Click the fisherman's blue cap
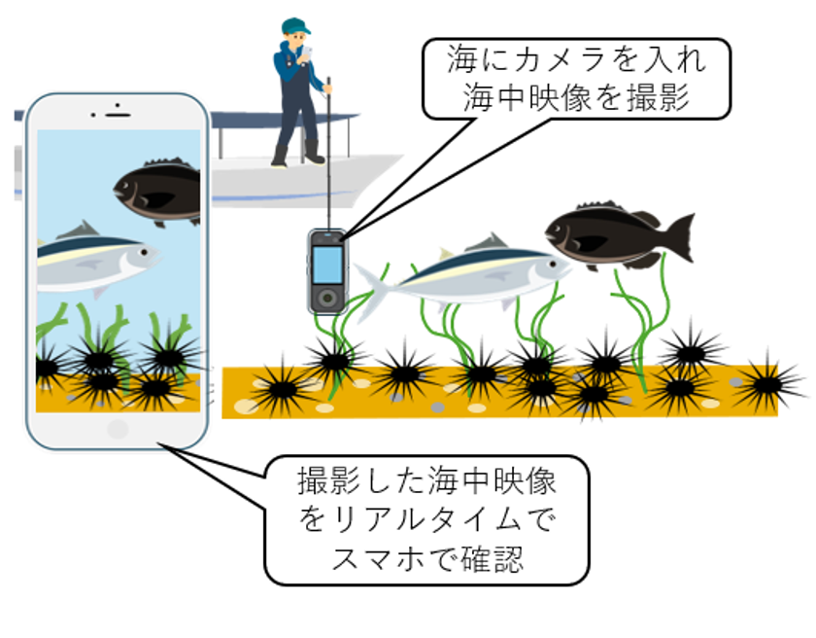pos(294,24)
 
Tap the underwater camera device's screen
pos(327,264)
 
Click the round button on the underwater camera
pos(327,295)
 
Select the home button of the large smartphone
pos(118,429)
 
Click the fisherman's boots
pos(296,155)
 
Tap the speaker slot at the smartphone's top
pos(118,114)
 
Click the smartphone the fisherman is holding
pos(302,51)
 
